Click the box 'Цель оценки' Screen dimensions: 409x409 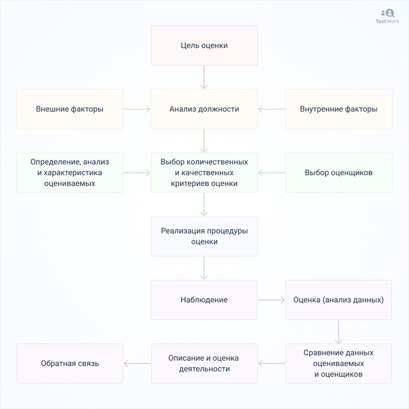coord(204,46)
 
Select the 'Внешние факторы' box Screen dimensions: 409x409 coord(70,109)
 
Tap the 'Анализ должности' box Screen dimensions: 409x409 coord(204,109)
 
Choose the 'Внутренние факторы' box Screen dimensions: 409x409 coord(338,109)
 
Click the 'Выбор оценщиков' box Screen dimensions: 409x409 coord(338,173)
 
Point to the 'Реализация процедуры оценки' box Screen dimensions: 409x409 coord(204,236)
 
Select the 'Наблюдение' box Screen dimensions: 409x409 coord(204,300)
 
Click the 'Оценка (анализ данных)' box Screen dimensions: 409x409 coord(338,300)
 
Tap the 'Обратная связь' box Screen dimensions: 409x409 coord(70,363)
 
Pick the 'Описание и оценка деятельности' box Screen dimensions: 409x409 coord(204,363)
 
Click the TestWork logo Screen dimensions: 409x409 coord(387,16)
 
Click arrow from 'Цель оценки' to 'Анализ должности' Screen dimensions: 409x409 coord(204,77)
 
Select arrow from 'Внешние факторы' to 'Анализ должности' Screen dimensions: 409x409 coord(137,109)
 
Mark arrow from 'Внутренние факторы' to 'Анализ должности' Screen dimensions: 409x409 coord(271,109)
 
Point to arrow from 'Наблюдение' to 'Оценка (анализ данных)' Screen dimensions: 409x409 coord(271,300)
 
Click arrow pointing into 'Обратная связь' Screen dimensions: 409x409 coord(137,363)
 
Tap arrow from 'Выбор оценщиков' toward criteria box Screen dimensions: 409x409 coord(271,173)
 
